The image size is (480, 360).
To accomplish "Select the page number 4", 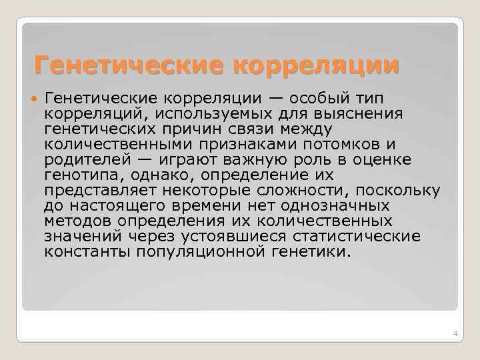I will coord(454,333).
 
